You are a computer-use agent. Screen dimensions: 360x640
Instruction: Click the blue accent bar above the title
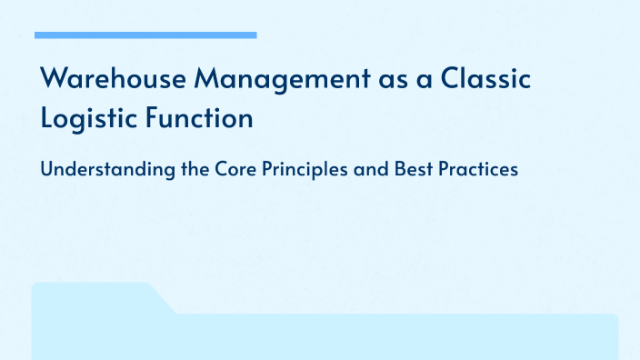(145, 35)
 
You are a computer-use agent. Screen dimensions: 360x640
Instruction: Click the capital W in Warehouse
(54, 80)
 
